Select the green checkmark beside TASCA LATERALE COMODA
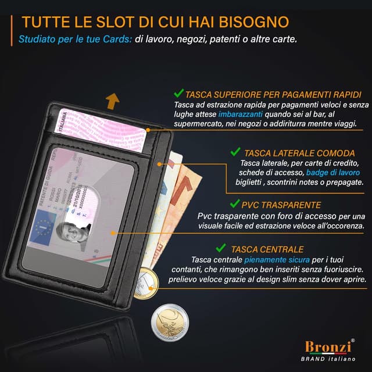pos(235,152)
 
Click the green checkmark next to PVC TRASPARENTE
pos(235,204)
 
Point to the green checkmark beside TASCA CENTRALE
pos(220,248)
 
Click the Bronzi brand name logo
pos(327,347)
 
